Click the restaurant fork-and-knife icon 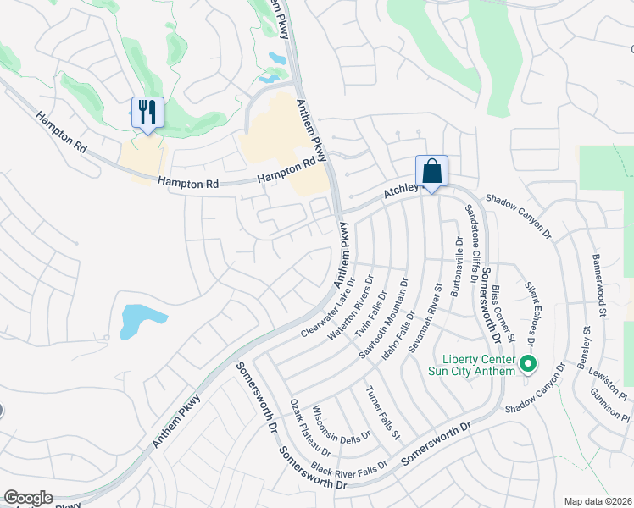(147, 112)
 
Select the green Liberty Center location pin (528, 365)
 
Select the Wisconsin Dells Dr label (336, 423)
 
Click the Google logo (28, 498)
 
